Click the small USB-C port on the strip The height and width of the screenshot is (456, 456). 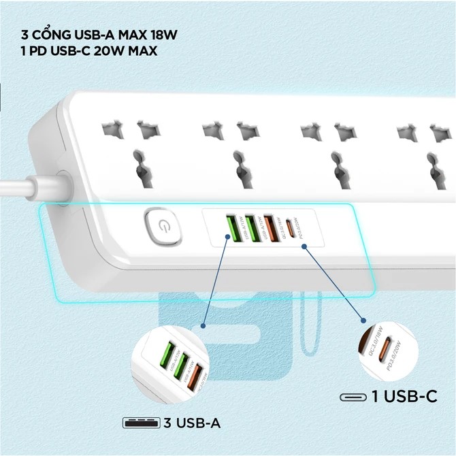tap(291, 228)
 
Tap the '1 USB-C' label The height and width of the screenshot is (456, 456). tap(404, 395)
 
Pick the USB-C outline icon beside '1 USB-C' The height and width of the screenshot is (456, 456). tap(353, 396)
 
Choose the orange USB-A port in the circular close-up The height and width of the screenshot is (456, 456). tap(195, 376)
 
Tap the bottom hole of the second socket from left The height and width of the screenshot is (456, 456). tap(239, 163)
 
